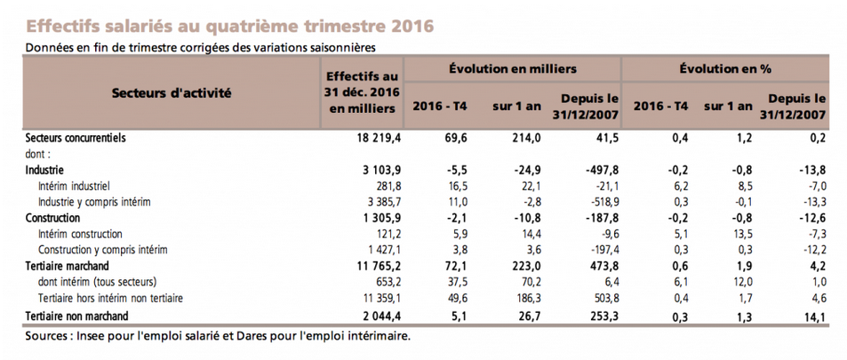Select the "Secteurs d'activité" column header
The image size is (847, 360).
click(172, 93)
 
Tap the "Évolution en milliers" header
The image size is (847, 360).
click(513, 68)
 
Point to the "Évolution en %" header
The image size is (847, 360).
click(725, 68)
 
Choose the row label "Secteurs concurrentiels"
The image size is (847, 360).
click(75, 138)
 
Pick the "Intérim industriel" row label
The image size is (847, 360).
click(74, 186)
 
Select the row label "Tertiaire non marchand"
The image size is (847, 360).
click(77, 316)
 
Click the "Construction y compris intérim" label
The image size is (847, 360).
click(102, 251)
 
